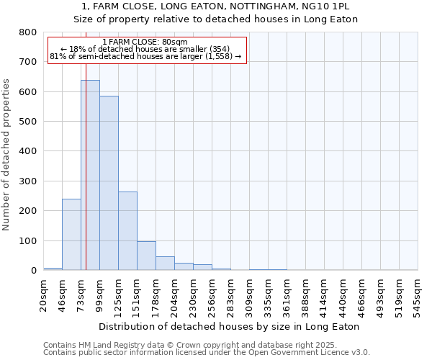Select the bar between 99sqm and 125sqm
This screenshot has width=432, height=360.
tap(109, 183)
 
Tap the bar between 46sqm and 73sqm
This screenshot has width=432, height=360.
tap(71, 234)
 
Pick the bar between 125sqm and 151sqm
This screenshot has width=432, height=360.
tap(127, 230)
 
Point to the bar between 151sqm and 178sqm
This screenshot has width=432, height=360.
tap(146, 256)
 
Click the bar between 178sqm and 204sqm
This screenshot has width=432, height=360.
tap(165, 264)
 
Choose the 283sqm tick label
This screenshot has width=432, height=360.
tap(231, 293)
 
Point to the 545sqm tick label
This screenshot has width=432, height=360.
tap(418, 293)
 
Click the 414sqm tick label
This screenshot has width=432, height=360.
tap(325, 293)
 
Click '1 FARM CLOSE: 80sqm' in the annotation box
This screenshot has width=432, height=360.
tap(145, 42)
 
